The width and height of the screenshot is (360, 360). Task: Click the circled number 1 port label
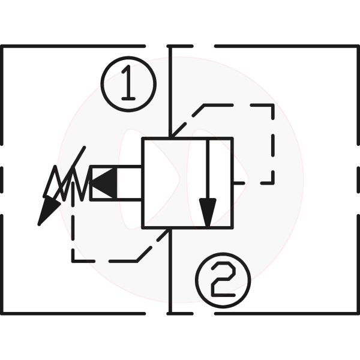click(128, 84)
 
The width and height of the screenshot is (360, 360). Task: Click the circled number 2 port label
click(223, 280)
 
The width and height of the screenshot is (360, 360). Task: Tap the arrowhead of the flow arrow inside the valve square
click(208, 213)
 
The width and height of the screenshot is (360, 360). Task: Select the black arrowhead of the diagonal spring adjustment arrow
click(48, 211)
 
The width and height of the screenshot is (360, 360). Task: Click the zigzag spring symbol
click(67, 183)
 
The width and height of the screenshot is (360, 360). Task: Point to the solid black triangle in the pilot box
click(104, 183)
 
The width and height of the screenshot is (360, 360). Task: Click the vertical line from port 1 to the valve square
click(170, 92)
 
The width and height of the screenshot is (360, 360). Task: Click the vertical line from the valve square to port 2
click(170, 271)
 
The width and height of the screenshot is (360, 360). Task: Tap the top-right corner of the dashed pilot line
click(273, 106)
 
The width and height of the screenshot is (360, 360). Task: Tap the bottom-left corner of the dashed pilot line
click(73, 261)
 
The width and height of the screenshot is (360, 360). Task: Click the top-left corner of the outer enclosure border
click(2, 46)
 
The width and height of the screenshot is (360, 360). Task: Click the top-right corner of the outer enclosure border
click(358, 46)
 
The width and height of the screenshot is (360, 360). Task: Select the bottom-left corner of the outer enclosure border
click(2, 313)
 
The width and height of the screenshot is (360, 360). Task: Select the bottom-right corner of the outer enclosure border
click(358, 313)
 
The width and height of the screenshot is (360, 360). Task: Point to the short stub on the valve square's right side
click(239, 183)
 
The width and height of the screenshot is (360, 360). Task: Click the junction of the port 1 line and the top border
click(170, 46)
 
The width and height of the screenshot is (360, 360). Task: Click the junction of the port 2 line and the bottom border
click(170, 313)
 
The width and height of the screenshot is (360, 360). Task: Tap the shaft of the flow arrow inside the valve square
click(208, 169)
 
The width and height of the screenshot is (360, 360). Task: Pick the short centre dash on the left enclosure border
click(2, 180)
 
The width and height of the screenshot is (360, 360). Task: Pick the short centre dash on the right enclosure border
click(358, 180)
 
